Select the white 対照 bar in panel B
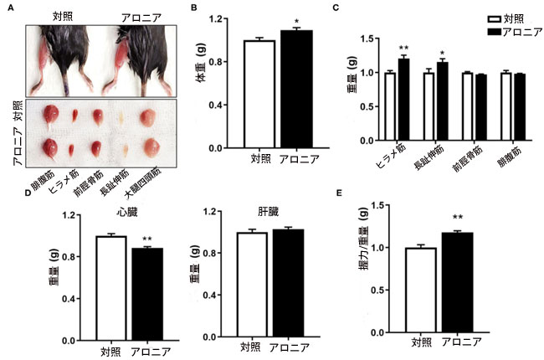259,95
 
